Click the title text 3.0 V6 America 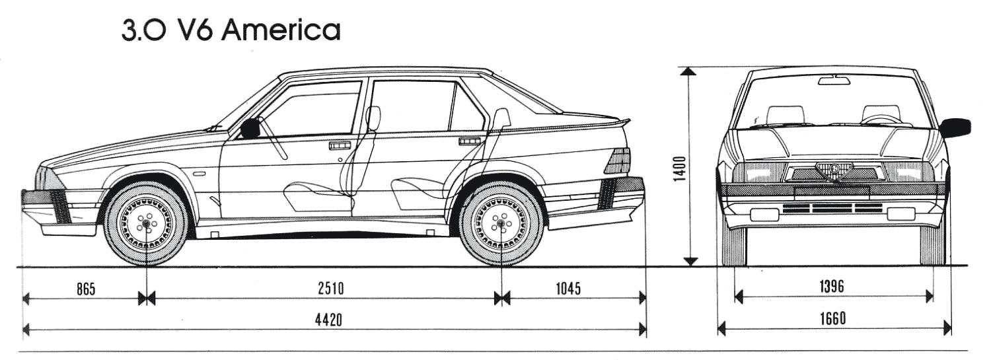tap(231, 30)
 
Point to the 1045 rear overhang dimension tap(568, 289)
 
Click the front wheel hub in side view tap(146, 225)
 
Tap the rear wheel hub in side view tap(501, 225)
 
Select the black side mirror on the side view tap(250, 128)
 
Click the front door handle tap(340, 145)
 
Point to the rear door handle tap(470, 141)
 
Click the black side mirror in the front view tap(955, 127)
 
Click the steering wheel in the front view tap(883, 119)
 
